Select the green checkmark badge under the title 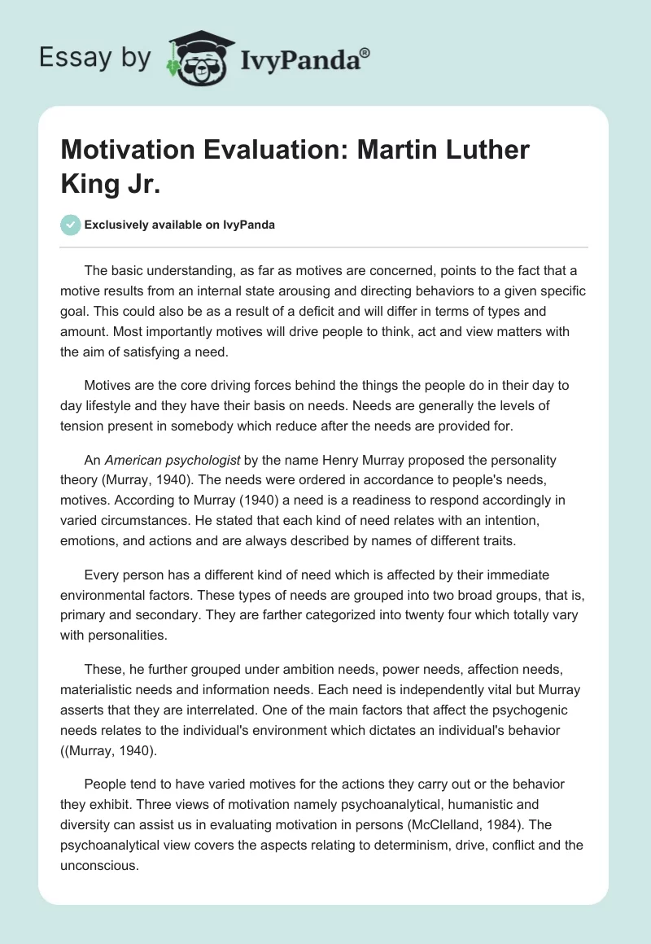(72, 225)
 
